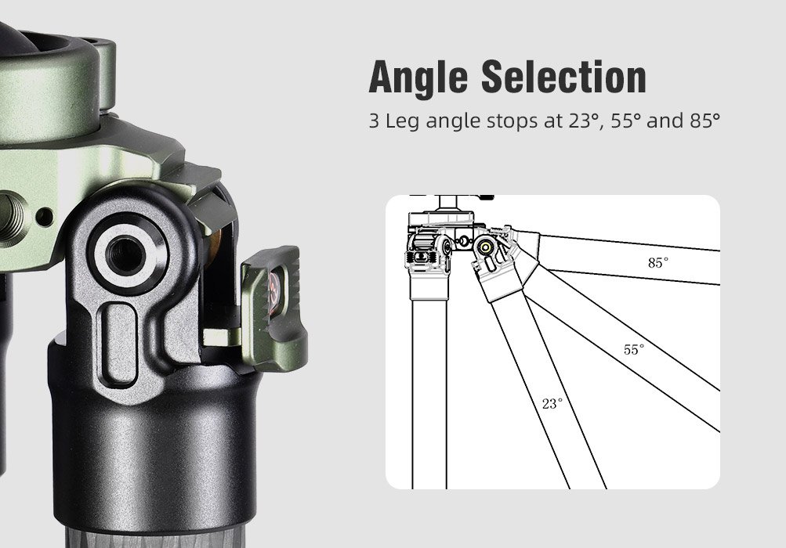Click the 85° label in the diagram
pyautogui.click(x=658, y=263)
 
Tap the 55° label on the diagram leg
pyautogui.click(x=633, y=349)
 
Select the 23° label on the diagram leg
pyautogui.click(x=552, y=404)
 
